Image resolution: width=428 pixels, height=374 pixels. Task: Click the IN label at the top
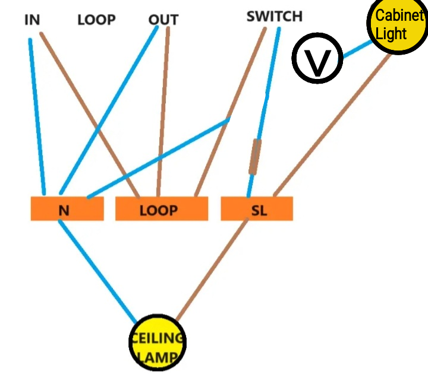tap(32, 20)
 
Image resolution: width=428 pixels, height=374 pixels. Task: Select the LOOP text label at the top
tap(96, 20)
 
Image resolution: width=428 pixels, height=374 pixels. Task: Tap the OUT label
tap(163, 20)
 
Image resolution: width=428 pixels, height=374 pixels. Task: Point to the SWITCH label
tap(274, 16)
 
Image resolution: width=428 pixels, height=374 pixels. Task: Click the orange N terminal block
tap(67, 209)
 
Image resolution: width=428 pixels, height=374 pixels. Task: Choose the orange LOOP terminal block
tap(161, 209)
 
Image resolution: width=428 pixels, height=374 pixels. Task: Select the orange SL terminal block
tap(257, 209)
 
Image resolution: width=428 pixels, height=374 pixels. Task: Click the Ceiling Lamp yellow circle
tap(158, 342)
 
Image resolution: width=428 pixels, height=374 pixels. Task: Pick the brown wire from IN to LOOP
tap(89, 113)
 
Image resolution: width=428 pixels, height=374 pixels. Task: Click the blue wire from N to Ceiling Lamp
tap(98, 267)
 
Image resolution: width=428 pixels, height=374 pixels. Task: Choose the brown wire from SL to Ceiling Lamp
tap(214, 267)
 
